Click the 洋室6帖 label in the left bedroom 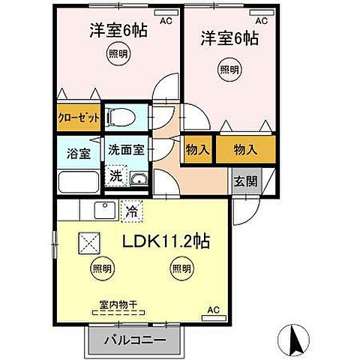coord(118,31)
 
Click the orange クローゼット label coord(78,118)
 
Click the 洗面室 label coord(125,150)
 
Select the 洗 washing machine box coord(115,177)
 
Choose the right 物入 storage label coord(245,149)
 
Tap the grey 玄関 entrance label coord(242,182)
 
